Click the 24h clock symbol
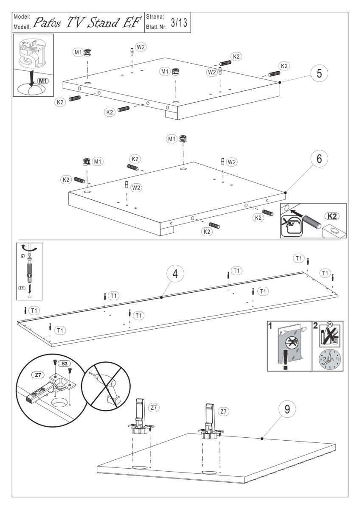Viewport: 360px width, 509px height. pyautogui.click(x=328, y=359)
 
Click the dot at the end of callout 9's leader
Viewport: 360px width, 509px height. pyautogui.click(x=262, y=438)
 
